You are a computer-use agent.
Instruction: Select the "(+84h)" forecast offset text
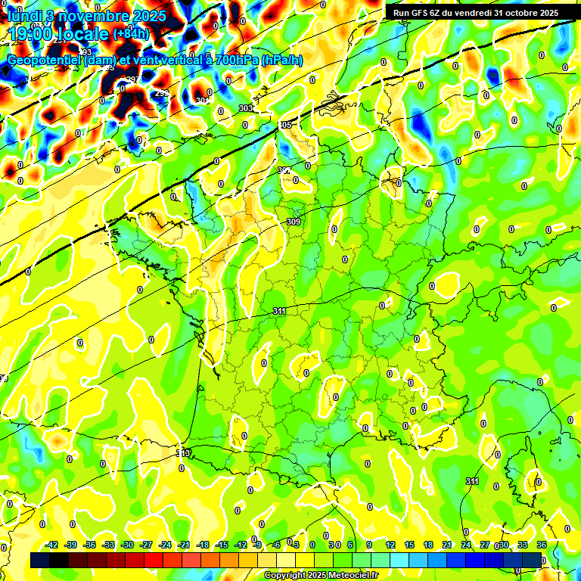click(x=130, y=34)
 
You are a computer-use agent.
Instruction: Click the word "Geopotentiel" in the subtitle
click(x=45, y=60)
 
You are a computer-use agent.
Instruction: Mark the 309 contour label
click(x=294, y=222)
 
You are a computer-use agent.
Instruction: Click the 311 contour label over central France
click(x=279, y=311)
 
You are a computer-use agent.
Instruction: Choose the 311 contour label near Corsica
click(x=472, y=481)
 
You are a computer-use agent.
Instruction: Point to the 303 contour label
click(x=245, y=108)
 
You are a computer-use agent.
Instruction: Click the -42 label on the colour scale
click(x=52, y=545)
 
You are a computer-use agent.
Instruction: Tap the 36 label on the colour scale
click(x=542, y=545)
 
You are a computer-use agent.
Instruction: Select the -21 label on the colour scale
click(x=184, y=545)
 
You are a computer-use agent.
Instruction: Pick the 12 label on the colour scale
click(x=390, y=545)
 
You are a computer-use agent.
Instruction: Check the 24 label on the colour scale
click(x=466, y=545)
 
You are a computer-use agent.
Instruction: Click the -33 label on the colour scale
click(x=109, y=545)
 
